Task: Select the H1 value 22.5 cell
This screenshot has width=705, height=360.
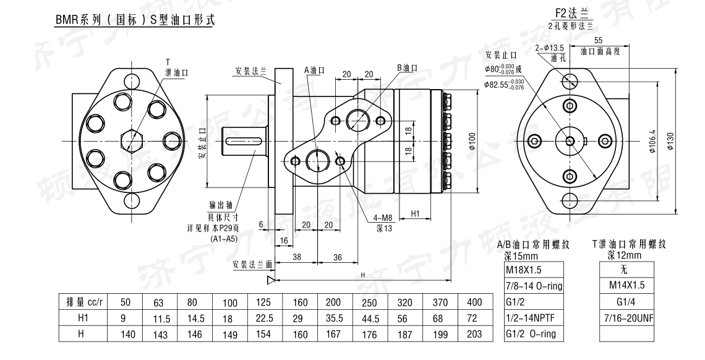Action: coord(265,319)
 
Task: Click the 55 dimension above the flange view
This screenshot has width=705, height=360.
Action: coord(598,40)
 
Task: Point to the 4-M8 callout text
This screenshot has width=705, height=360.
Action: coord(383,217)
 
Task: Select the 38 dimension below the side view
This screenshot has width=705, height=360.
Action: coord(296,256)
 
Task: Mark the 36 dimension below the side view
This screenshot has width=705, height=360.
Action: coord(338,256)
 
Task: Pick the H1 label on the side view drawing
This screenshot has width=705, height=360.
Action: coord(416,213)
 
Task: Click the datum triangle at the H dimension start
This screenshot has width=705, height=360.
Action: coord(270,280)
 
